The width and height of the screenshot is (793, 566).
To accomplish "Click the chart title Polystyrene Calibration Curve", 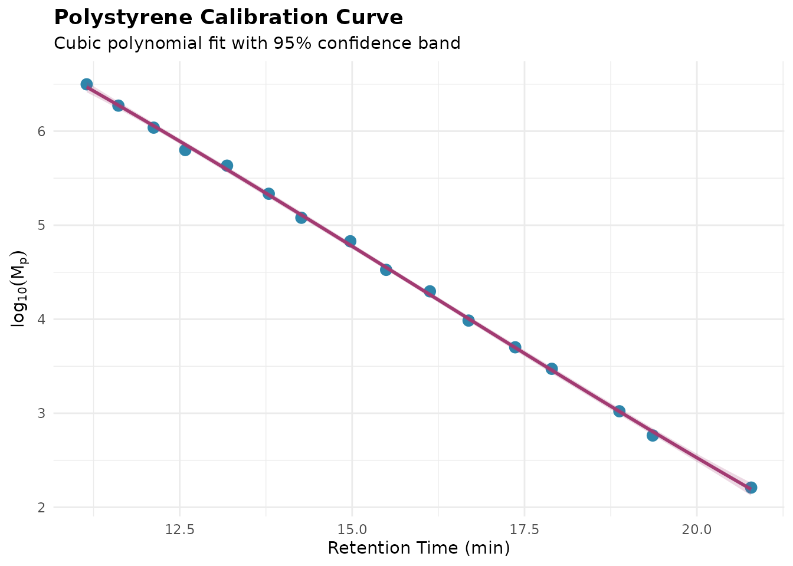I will tap(228, 18).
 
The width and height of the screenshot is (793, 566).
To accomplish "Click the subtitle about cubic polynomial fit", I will tap(257, 44).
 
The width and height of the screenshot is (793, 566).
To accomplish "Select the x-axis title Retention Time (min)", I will tap(418, 548).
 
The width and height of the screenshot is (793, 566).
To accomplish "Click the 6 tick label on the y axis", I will tap(41, 131).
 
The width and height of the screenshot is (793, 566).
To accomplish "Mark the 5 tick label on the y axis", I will tap(41, 225).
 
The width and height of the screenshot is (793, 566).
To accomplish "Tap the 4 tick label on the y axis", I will tap(41, 320).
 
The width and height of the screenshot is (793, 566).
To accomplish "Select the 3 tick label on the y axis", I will tap(41, 413).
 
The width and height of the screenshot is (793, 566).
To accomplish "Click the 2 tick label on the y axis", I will tap(41, 508).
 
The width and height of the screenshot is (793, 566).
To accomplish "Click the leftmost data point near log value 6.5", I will tap(87, 84).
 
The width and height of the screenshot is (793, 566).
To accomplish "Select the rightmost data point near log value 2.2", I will tap(751, 488).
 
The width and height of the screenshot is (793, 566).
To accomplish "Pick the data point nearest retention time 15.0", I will tap(350, 241).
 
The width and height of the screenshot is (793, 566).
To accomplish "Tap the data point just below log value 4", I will tap(468, 321).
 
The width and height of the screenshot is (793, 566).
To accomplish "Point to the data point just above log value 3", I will tap(619, 411).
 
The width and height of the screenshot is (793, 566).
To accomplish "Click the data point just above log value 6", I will tap(153, 127).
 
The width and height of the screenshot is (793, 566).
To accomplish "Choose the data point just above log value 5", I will tap(301, 218).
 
